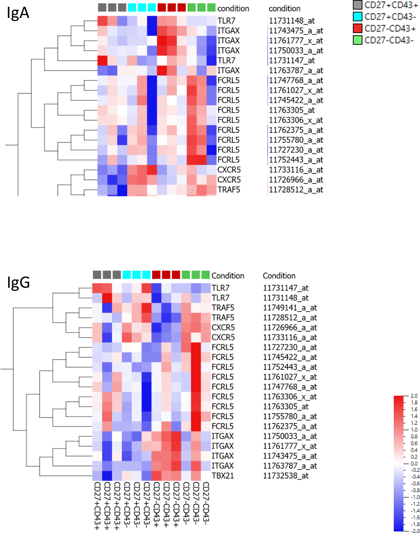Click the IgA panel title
[18, 13]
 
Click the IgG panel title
[18, 282]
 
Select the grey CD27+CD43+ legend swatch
[357, 5]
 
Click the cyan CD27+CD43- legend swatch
[357, 16]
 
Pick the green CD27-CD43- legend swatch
[357, 40]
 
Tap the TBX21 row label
[223, 476]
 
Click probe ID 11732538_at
[286, 476]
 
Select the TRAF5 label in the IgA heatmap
[229, 190]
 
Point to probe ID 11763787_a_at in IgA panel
[296, 70]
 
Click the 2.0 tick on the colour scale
[414, 396]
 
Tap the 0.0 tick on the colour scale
[414, 464]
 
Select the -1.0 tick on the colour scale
[415, 497]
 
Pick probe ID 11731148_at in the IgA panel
[292, 21]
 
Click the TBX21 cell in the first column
[97, 476]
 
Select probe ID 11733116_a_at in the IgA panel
[296, 170]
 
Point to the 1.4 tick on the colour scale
[414, 416]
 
